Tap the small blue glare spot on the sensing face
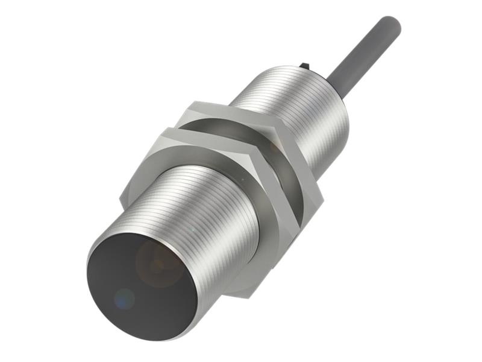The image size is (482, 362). pos(124,297)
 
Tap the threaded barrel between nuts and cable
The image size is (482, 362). pos(295,115)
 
